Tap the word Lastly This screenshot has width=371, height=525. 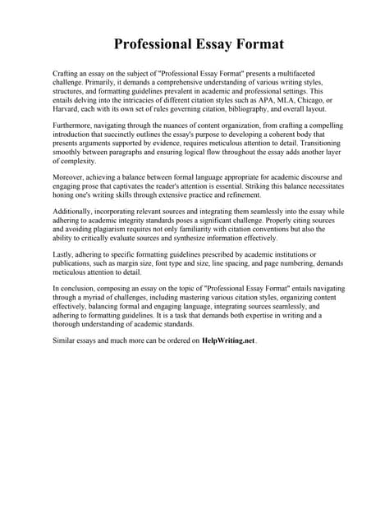pos(64,256)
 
